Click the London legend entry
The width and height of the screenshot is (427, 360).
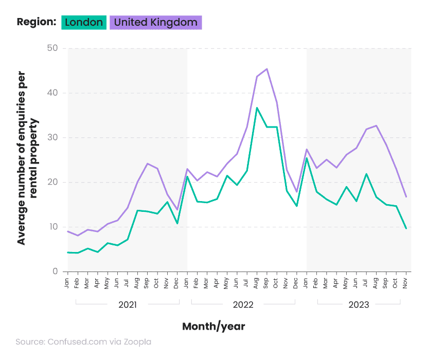click(x=84, y=22)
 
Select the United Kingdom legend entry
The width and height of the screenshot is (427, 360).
click(x=155, y=22)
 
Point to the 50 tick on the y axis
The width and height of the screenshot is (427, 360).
click(x=52, y=49)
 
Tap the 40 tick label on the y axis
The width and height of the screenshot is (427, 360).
click(x=52, y=93)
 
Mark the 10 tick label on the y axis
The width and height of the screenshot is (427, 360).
click(x=52, y=227)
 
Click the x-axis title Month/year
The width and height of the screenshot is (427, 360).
click(x=213, y=326)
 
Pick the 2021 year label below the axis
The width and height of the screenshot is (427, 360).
click(x=128, y=304)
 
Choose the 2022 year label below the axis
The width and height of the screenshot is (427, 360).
click(x=243, y=304)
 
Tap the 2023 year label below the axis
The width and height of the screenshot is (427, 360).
click(x=359, y=304)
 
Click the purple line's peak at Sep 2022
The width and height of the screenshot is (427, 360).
click(x=266, y=69)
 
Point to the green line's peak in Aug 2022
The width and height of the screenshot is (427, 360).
click(x=257, y=107)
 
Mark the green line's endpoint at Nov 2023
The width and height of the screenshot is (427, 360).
click(x=406, y=228)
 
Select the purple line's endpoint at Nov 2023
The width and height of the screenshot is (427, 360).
click(x=406, y=196)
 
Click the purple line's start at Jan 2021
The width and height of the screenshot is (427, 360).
click(x=68, y=231)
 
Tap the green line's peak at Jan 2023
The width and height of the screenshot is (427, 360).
click(x=307, y=158)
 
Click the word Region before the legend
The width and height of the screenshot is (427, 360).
click(x=36, y=22)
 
